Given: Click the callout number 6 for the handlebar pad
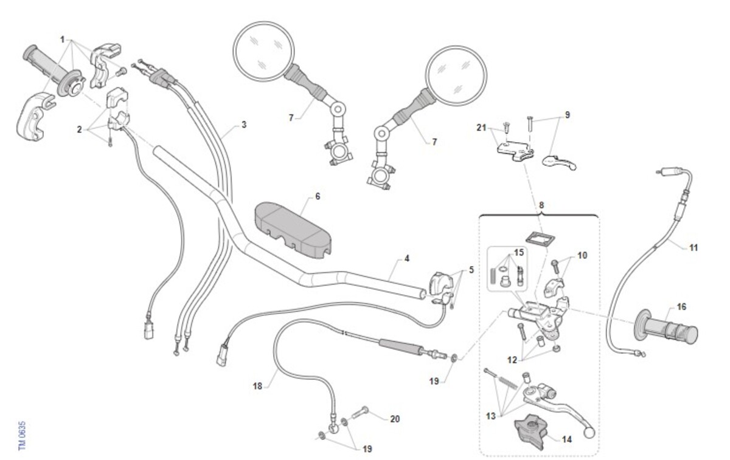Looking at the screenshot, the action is [x=318, y=197].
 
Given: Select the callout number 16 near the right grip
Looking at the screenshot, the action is [x=681, y=307].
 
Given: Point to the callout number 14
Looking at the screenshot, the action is [x=567, y=439].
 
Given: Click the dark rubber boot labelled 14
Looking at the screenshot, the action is [x=530, y=431].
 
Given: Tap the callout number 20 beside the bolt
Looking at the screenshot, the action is [x=395, y=419].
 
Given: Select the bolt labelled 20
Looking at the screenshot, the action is [x=360, y=413].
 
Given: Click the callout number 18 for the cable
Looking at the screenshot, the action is [x=257, y=386].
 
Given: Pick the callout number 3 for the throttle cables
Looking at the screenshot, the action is [x=244, y=125].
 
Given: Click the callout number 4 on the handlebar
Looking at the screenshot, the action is [x=407, y=258].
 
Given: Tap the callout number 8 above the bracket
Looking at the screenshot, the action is [x=541, y=205].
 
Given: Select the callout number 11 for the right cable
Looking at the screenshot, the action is [x=693, y=248].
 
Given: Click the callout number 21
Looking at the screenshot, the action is [x=481, y=128].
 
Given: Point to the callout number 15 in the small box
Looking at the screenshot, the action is [x=519, y=252].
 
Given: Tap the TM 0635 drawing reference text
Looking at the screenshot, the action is [x=21, y=436].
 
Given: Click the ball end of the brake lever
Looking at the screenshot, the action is [x=589, y=433].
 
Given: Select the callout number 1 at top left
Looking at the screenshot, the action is [x=63, y=39].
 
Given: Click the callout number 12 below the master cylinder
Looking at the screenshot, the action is [x=512, y=360].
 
